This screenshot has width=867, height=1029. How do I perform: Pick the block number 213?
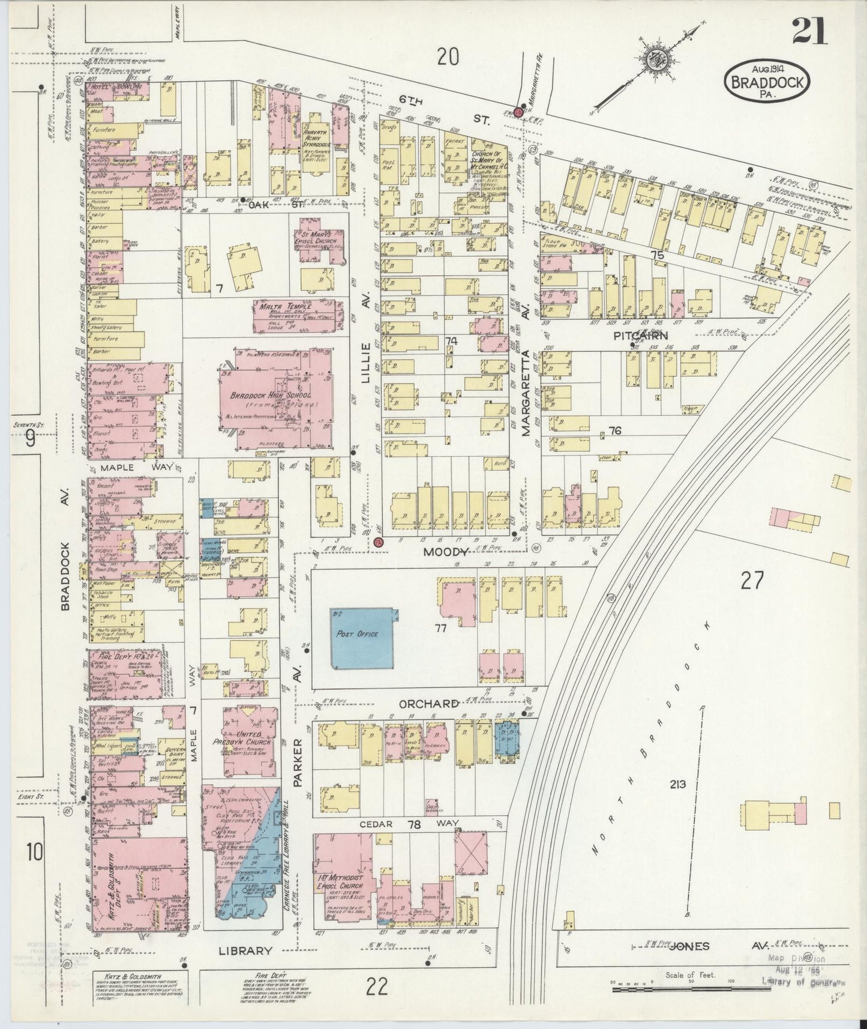(x=679, y=784)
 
